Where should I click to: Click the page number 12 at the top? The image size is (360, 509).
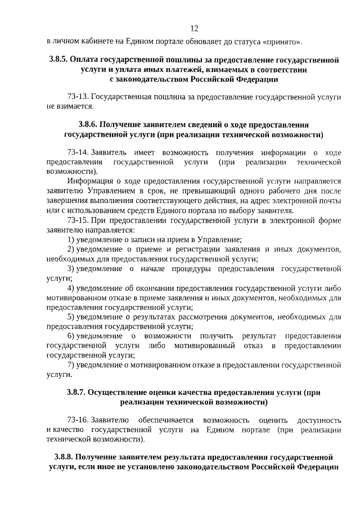[195, 29]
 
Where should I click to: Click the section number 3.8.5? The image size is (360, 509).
[59, 59]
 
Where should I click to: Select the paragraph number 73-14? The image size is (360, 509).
[78, 152]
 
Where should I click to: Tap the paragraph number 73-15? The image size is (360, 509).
[78, 219]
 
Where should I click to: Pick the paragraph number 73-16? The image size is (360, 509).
[78, 420]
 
